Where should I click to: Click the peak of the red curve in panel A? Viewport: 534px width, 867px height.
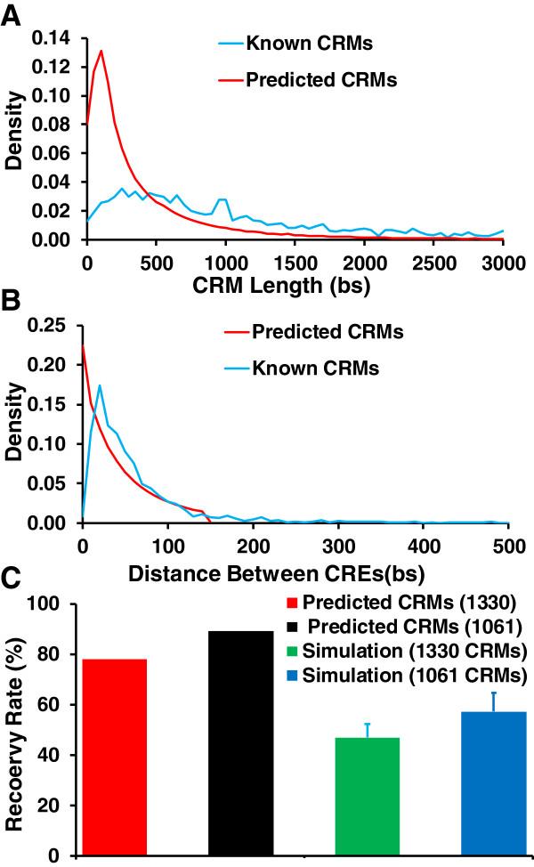click(x=101, y=51)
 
